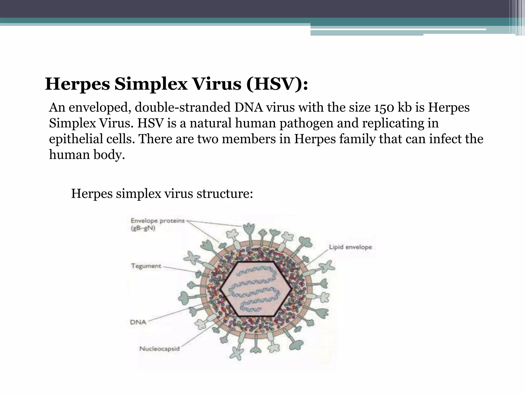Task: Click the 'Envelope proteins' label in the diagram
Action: click(x=157, y=221)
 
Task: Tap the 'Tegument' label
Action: click(x=146, y=266)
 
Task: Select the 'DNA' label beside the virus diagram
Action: click(x=138, y=322)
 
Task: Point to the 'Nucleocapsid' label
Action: click(x=159, y=349)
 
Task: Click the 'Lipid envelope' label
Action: click(x=350, y=247)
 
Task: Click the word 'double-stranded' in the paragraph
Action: click(x=183, y=107)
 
